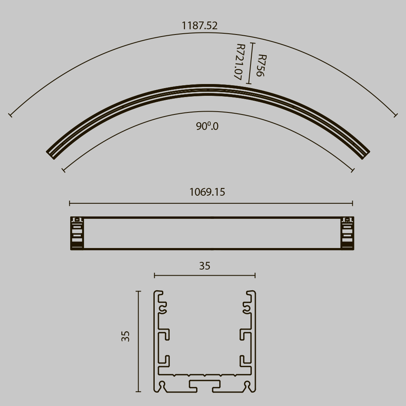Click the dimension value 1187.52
pyautogui.click(x=199, y=26)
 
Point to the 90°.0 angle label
pyautogui.click(x=207, y=126)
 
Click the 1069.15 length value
pyautogui.click(x=207, y=192)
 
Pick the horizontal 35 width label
pyautogui.click(x=205, y=266)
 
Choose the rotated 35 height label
pyautogui.click(x=125, y=336)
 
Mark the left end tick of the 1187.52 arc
pyautogui.click(x=10, y=115)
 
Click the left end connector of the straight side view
pyautogui.click(x=77, y=233)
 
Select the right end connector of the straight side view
pyautogui.click(x=347, y=233)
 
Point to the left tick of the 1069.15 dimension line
pyautogui.click(x=70, y=203)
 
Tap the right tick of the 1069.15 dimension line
pyautogui.click(x=352, y=203)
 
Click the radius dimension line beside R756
pyautogui.click(x=252, y=63)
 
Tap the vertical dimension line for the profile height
pyautogui.click(x=138, y=341)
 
